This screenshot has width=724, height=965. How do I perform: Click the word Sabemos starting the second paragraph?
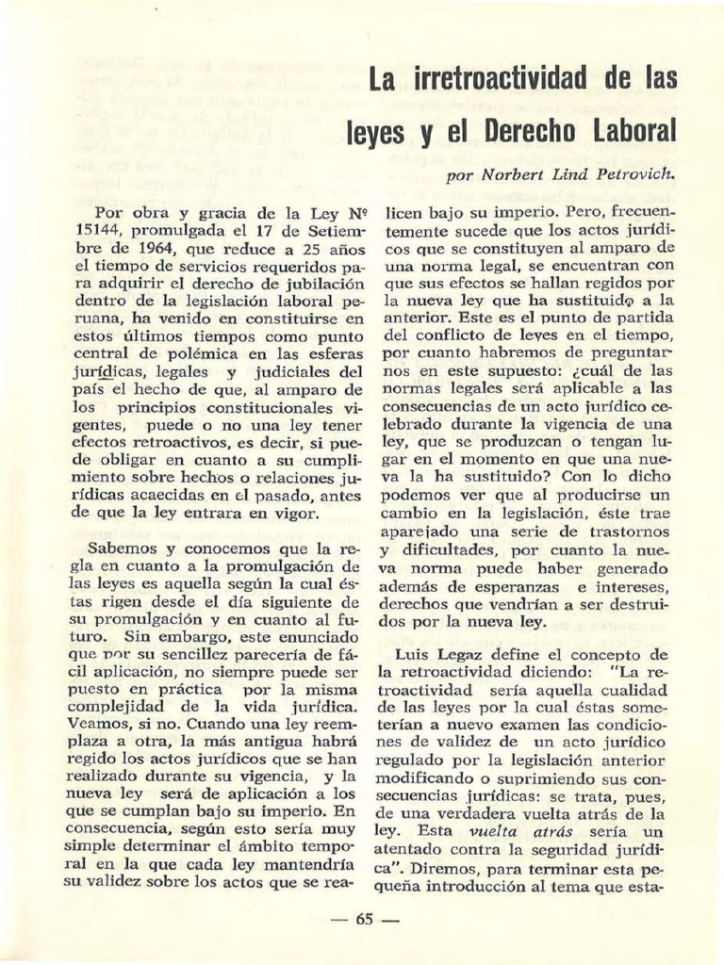pos(121,548)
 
